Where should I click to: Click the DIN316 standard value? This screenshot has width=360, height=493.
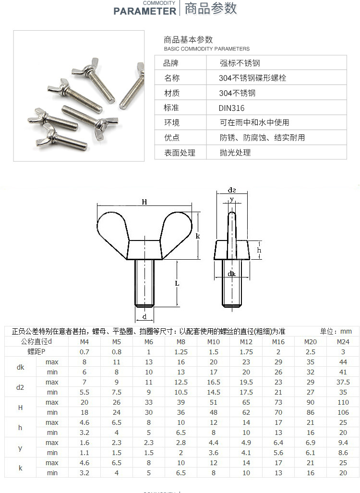(x=232, y=108)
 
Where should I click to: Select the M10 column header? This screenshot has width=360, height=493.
(x=214, y=342)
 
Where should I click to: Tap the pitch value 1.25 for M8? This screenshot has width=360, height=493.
(x=180, y=352)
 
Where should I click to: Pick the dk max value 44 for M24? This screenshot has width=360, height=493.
(x=343, y=362)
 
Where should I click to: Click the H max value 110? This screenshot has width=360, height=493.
(x=343, y=402)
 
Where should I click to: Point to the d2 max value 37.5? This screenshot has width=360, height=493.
(x=343, y=382)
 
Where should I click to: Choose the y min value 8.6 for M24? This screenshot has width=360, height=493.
(x=343, y=453)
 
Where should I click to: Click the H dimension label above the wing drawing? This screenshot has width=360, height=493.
(x=144, y=202)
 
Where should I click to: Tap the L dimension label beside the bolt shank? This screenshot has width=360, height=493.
(x=177, y=283)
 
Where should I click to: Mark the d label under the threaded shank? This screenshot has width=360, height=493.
(x=144, y=317)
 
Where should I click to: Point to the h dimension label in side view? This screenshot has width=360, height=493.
(x=259, y=250)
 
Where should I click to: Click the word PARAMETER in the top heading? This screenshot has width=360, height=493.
(x=144, y=11)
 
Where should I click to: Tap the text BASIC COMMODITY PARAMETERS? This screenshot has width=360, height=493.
(x=207, y=49)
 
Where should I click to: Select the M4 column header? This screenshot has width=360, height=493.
(x=84, y=342)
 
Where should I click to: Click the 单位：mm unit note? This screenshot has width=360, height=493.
(x=336, y=331)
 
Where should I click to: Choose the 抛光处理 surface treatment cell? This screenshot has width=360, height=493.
(x=235, y=153)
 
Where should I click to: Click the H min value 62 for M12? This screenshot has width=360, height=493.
(x=246, y=412)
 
